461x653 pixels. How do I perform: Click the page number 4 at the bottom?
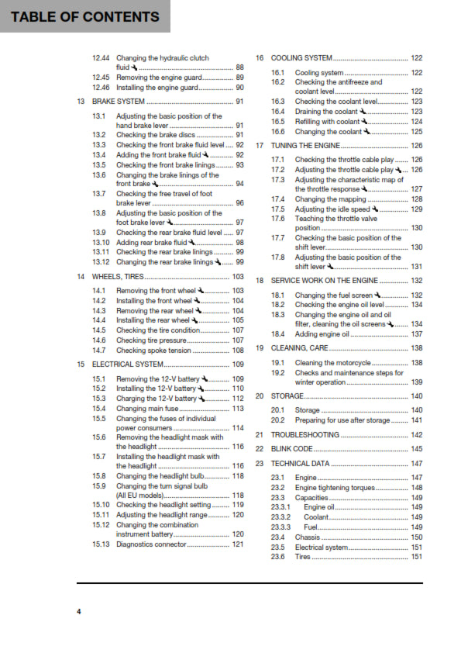(78, 613)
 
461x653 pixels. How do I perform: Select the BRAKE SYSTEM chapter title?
(119, 102)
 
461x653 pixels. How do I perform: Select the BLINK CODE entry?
(292, 449)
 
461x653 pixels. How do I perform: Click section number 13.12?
(100, 262)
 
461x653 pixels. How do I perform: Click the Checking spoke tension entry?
(154, 350)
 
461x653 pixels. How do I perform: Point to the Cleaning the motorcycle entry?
(333, 363)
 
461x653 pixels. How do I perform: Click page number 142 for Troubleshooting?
(416, 435)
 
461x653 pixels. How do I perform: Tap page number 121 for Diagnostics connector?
(238, 544)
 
